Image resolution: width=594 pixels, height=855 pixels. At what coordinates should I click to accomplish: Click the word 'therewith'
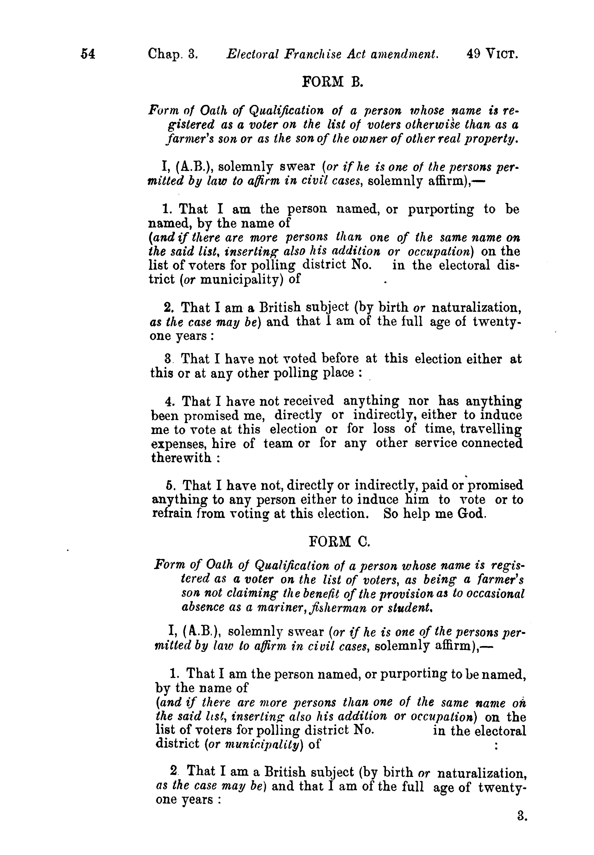181,457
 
